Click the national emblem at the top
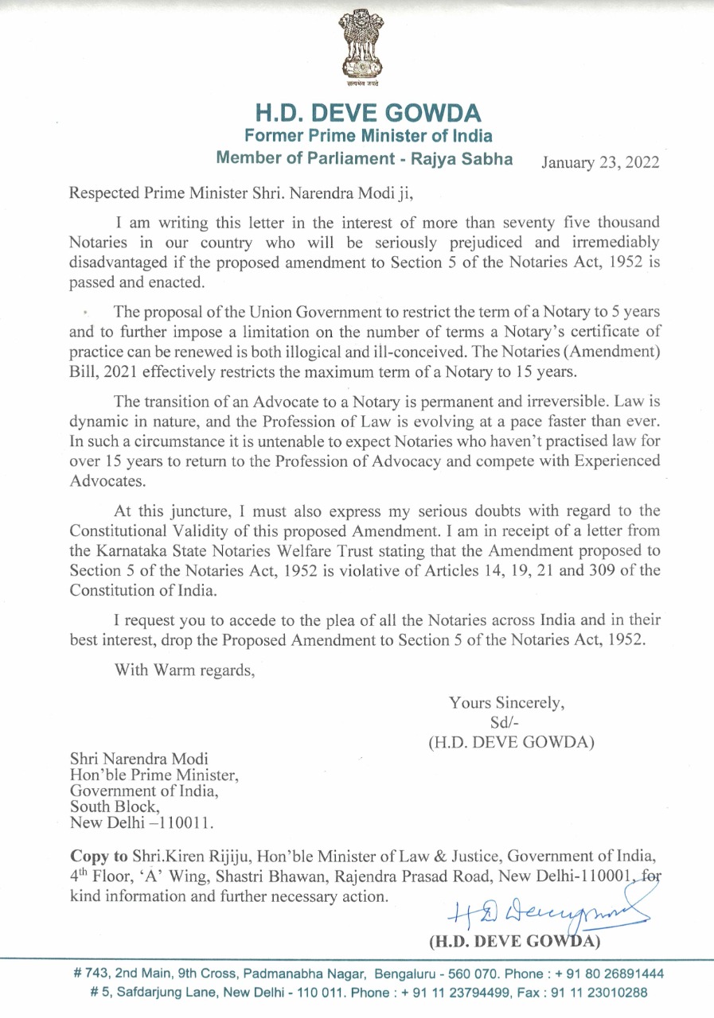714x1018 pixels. pos(357,50)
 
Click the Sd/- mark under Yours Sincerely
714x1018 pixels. pos(507,723)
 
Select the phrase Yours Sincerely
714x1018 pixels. pos(507,703)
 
